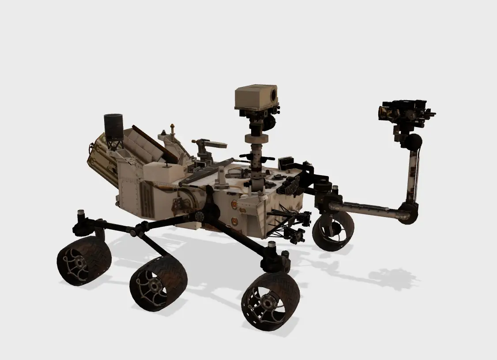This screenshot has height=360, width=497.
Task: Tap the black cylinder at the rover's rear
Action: (x=113, y=126)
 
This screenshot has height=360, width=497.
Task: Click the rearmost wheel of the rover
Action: (x=84, y=261)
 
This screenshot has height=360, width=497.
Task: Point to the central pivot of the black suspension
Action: (x=200, y=216)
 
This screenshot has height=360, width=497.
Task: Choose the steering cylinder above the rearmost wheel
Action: (x=81, y=217)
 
